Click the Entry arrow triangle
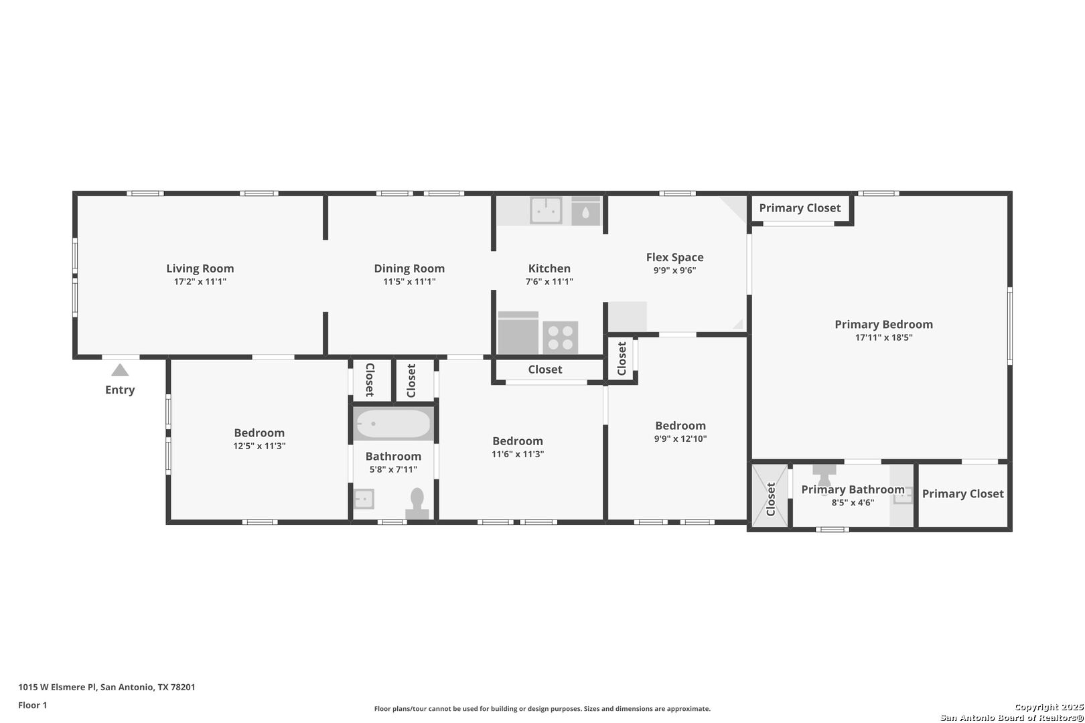(120, 370)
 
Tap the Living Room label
(200, 268)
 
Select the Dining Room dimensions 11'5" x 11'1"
(409, 282)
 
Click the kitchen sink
(547, 210)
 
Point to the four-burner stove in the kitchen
(561, 337)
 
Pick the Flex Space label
(674, 257)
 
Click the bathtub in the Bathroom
(393, 424)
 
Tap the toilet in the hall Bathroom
(417, 503)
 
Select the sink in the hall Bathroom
(364, 499)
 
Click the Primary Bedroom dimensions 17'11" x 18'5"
(883, 337)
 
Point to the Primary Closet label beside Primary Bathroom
(962, 494)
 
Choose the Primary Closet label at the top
(800, 208)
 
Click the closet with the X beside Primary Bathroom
(770, 496)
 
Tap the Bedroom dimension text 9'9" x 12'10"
(680, 438)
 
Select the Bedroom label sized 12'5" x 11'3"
(259, 433)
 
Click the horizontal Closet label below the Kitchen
(545, 370)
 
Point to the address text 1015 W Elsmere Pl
(58, 687)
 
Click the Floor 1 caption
(32, 705)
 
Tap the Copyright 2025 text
(1049, 707)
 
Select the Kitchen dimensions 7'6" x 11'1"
(549, 282)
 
